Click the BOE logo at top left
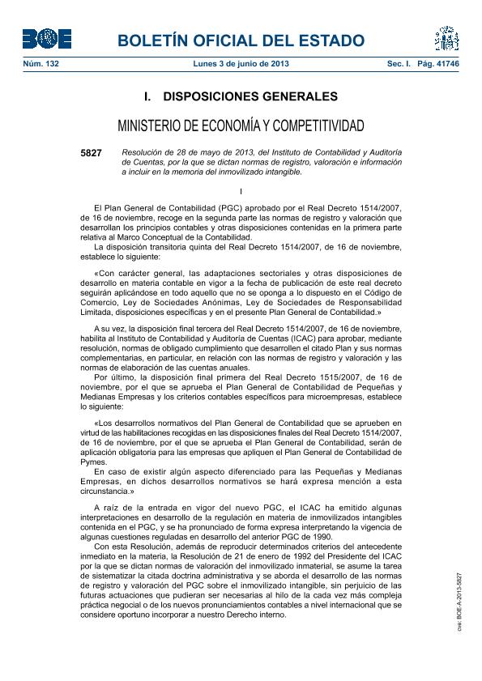46,38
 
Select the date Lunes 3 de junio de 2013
241,63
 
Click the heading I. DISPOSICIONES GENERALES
241,96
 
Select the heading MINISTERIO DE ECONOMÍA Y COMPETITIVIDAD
241,126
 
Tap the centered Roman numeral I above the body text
241,191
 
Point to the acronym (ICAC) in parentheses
305,338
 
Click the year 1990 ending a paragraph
297,535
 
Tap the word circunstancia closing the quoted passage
102,491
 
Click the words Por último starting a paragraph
114,377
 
